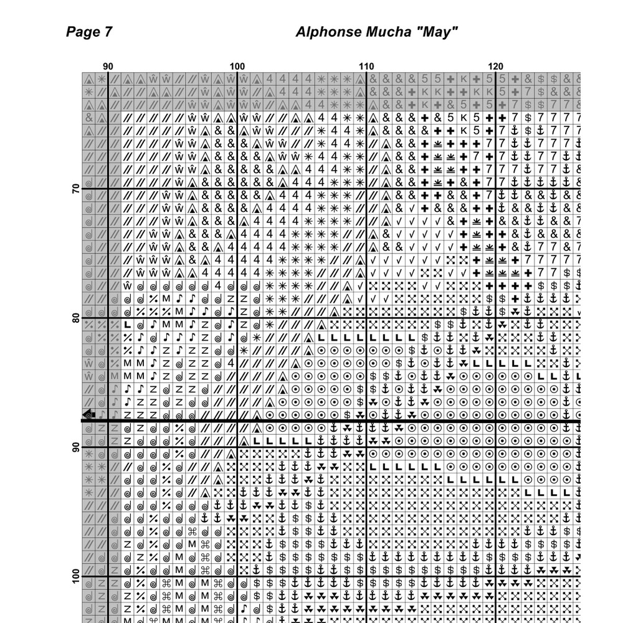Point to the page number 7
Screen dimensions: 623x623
[108, 32]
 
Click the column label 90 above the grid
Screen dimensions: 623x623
[108, 67]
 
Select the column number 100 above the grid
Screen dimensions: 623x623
[237, 67]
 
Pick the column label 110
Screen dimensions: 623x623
[366, 67]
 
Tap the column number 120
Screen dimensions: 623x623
[496, 67]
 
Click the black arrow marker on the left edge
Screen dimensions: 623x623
[88, 414]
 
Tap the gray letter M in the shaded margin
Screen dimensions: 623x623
[114, 376]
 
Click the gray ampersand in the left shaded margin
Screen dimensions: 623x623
[88, 117]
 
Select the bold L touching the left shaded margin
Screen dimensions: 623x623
[127, 325]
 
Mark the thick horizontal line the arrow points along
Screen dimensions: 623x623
[343, 421]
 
